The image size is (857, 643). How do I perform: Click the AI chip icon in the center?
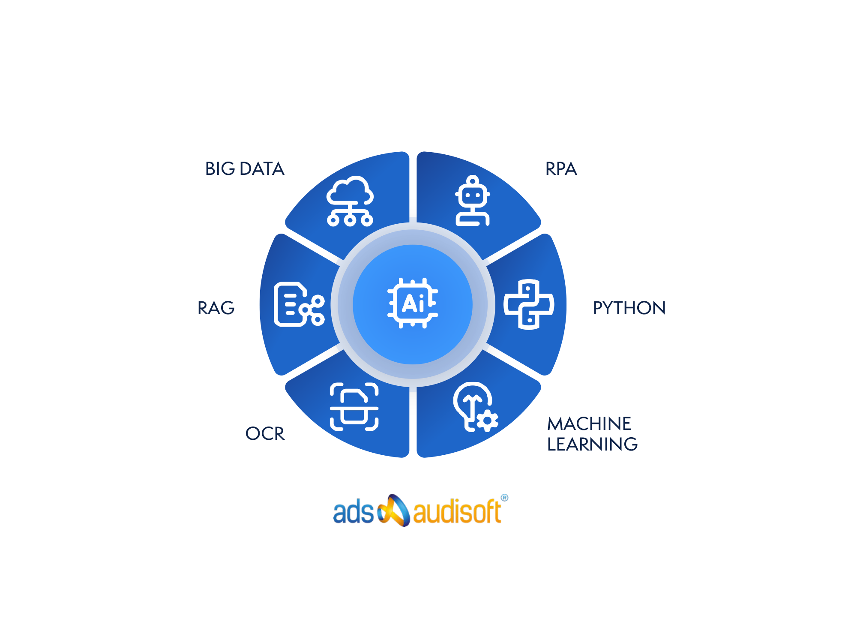click(x=412, y=303)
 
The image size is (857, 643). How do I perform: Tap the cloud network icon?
click(x=350, y=201)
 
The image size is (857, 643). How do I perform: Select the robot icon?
click(x=472, y=201)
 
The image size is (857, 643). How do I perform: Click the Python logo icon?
click(x=529, y=304)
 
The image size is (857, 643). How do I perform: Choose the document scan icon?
click(x=354, y=407)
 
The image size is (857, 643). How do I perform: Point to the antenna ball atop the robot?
click(x=473, y=180)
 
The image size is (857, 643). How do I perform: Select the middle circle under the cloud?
click(x=350, y=221)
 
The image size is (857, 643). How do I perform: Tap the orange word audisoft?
click(x=457, y=512)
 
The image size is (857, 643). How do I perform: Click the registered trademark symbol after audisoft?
click(x=504, y=498)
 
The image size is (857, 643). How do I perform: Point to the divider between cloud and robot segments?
click(x=413, y=208)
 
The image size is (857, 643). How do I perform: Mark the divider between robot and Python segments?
click(x=496, y=256)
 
